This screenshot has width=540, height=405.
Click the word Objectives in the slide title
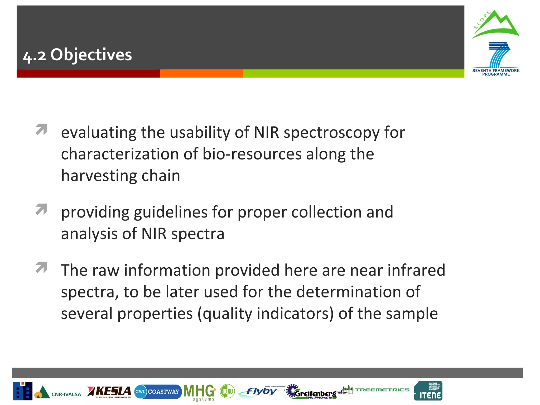91,55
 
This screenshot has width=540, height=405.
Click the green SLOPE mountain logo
495,25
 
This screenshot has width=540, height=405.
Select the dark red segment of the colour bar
88,74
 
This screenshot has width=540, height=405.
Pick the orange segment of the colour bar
201,74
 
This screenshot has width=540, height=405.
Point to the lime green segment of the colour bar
353,74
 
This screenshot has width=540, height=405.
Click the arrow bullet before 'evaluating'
41,129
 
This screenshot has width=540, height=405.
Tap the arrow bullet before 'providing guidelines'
41,209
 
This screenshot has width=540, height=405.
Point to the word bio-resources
252,154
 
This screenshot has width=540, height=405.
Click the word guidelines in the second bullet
171,212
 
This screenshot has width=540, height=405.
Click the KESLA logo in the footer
109,392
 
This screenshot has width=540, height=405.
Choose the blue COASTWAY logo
158,392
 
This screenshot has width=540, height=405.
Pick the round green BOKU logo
227,391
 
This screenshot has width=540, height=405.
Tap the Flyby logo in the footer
261,392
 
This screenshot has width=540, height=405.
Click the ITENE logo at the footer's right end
428,391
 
